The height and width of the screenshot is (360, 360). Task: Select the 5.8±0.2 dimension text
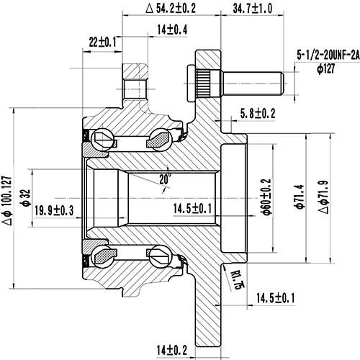point(258,113)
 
